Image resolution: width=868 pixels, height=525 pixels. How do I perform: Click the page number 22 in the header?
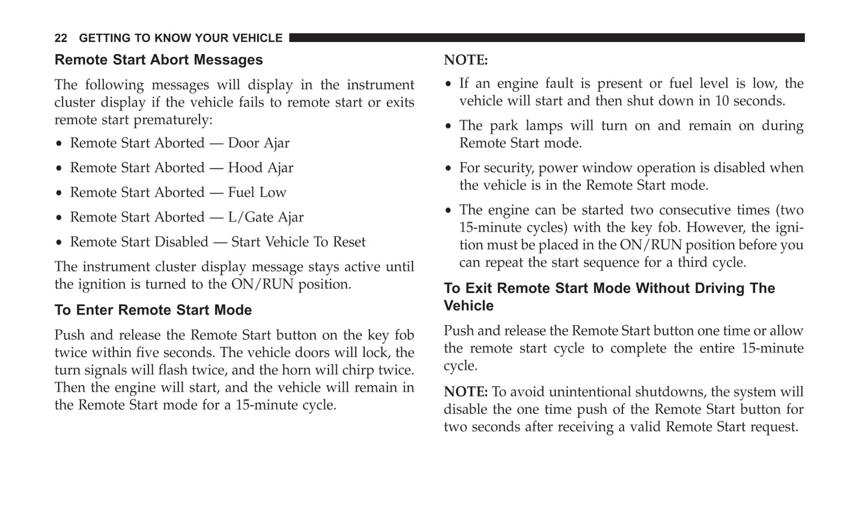[x=61, y=38]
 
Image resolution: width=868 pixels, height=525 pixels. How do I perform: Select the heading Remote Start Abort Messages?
[x=159, y=60]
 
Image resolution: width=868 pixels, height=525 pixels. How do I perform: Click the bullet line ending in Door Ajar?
[x=180, y=144]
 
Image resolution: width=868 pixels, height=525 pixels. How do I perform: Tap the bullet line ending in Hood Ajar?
[x=181, y=168]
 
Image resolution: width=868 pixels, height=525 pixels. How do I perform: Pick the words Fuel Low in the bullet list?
[x=257, y=193]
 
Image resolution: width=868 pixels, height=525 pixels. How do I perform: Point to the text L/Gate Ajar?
[x=266, y=217]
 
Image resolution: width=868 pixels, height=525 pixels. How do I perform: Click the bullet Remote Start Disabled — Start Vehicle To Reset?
[x=217, y=242]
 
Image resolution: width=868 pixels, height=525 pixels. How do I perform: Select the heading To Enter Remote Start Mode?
[x=153, y=311]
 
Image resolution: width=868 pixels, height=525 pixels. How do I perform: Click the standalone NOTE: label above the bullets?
[x=466, y=60]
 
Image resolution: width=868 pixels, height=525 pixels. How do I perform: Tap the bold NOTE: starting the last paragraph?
[x=466, y=392]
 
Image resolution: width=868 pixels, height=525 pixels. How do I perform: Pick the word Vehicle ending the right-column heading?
[x=469, y=306]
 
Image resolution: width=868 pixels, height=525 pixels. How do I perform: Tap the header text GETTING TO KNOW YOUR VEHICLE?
[x=180, y=38]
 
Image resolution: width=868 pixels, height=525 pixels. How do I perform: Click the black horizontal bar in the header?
[x=547, y=38]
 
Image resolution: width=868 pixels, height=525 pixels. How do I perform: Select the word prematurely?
[x=172, y=120]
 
